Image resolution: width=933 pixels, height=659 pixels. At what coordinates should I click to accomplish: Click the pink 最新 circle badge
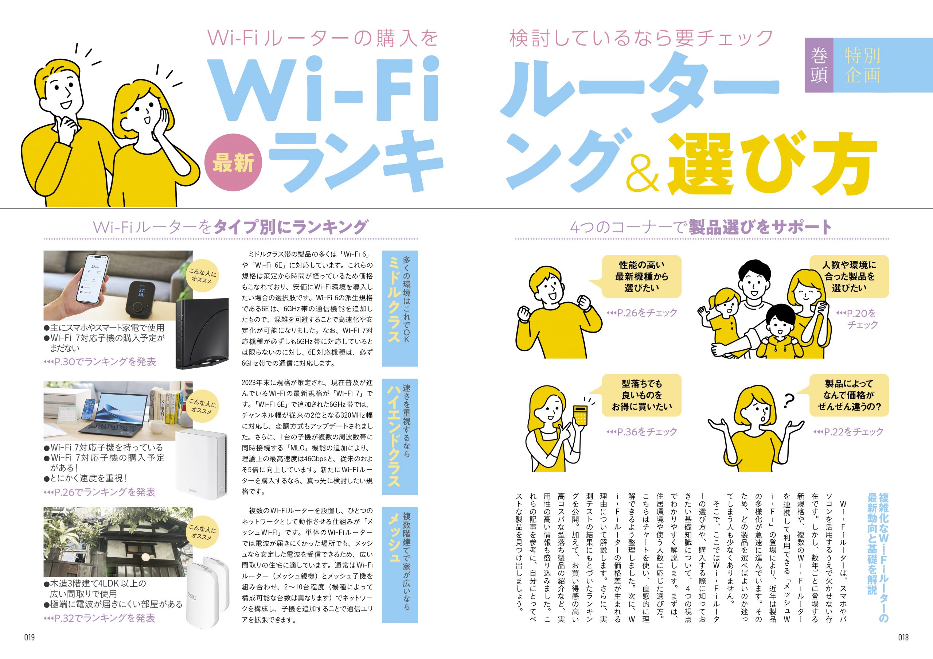point(233,163)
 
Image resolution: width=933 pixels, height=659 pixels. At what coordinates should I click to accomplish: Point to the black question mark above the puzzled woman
point(788,401)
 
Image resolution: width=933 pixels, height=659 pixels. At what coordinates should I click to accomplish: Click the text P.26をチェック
point(642,313)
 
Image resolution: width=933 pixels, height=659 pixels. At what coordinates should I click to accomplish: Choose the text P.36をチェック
point(642,431)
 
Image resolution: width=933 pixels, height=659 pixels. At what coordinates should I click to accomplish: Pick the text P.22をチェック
point(848,431)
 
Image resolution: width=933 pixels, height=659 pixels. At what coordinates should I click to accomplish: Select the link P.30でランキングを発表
point(99,361)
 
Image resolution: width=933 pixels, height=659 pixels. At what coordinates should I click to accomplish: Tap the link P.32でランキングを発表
point(99,618)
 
